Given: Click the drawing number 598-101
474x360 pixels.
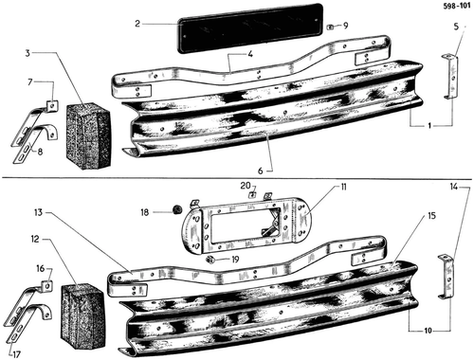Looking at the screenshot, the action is click(457, 7).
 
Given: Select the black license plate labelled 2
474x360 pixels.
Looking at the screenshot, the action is click(250, 28).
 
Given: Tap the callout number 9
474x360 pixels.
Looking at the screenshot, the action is click(345, 26).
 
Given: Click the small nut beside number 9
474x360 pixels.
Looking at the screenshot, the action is click(330, 27).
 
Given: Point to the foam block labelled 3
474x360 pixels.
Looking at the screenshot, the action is click(88, 135).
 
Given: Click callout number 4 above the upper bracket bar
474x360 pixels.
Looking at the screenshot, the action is click(250, 54).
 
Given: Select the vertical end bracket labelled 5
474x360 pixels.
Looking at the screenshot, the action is click(450, 78).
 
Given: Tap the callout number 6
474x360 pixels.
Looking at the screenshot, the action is click(260, 171).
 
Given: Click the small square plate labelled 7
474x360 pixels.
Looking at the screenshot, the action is click(52, 106).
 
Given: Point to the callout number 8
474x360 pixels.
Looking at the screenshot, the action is click(40, 152).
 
